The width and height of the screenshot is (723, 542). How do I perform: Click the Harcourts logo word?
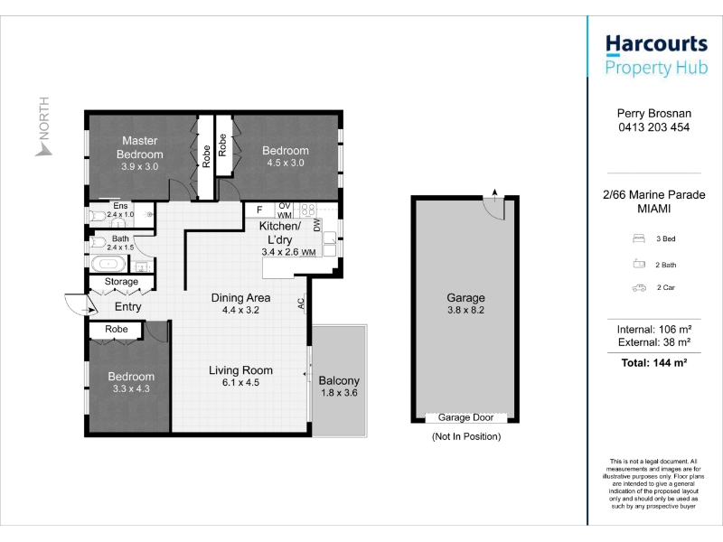(x=656, y=44)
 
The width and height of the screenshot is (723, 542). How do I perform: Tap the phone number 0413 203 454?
(x=653, y=127)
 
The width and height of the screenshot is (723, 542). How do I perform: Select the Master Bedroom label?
(x=140, y=147)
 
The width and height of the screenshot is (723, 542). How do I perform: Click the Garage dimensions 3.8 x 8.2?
(x=465, y=310)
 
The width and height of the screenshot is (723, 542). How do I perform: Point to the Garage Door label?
(x=465, y=417)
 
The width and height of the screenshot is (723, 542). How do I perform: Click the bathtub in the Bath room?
(x=108, y=264)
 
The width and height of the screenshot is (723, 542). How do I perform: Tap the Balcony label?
(x=339, y=380)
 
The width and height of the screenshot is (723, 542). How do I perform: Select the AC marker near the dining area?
(x=301, y=304)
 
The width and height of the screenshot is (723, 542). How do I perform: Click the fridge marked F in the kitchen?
(x=259, y=210)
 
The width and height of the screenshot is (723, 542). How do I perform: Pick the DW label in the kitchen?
(x=317, y=225)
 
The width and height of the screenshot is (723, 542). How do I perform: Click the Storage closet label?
(x=121, y=282)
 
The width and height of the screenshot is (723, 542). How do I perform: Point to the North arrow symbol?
(x=42, y=149)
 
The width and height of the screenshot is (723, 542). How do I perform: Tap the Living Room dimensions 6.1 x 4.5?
(x=240, y=382)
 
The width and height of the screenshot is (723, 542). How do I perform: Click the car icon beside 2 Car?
(x=639, y=288)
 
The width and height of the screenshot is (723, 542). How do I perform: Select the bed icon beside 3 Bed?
(x=639, y=238)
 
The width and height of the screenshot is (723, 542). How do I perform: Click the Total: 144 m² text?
(x=653, y=363)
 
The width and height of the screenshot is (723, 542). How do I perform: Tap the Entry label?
(x=127, y=306)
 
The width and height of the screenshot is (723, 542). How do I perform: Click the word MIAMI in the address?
(x=653, y=209)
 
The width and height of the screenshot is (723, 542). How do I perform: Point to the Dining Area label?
(x=240, y=298)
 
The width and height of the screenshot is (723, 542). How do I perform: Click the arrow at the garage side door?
(x=494, y=195)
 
